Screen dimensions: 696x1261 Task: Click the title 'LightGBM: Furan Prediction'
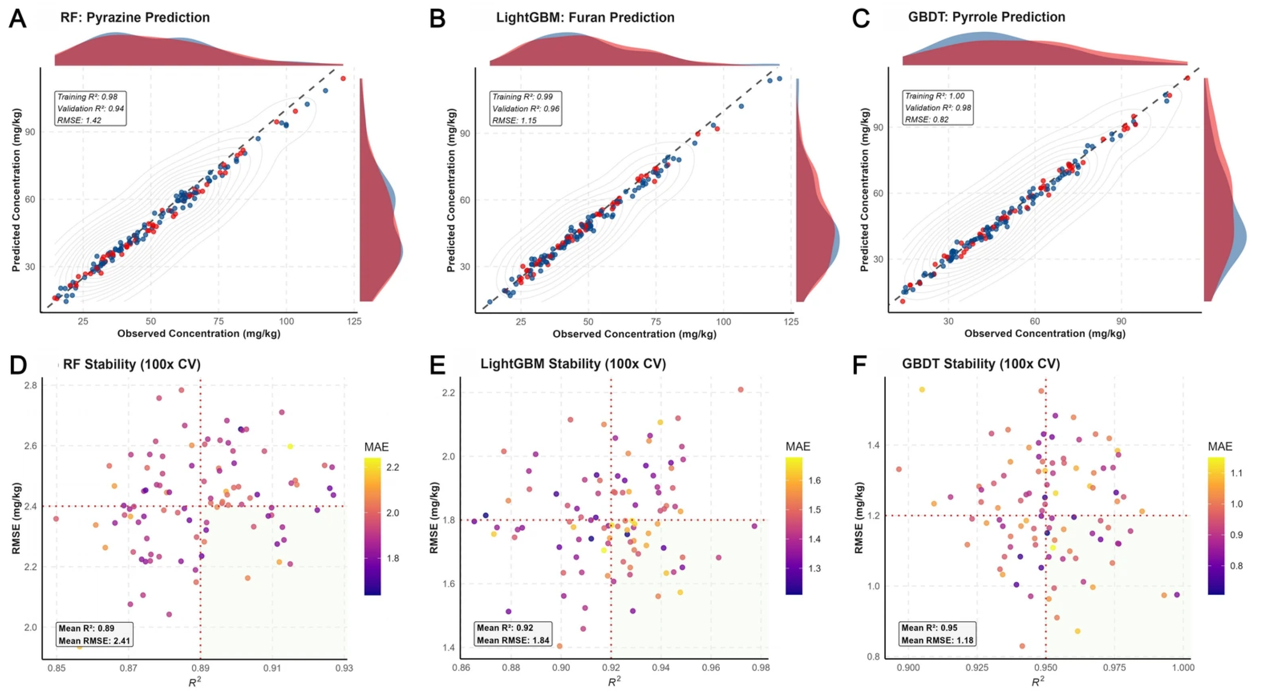pyautogui.click(x=585, y=18)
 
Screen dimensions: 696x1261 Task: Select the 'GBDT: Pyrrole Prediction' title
pyautogui.click(x=987, y=17)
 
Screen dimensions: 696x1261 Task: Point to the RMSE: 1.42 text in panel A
pyautogui.click(x=79, y=120)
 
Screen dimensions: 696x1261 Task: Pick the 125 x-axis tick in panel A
pyautogui.click(x=355, y=322)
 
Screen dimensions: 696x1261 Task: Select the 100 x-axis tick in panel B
pyautogui.click(x=724, y=322)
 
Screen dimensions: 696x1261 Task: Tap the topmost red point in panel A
pyautogui.click(x=343, y=78)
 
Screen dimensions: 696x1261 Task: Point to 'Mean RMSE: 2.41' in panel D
pyautogui.click(x=94, y=640)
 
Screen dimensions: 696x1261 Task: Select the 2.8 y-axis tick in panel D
pyautogui.click(x=30, y=385)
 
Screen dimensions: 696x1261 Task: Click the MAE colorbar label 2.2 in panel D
pyautogui.click(x=392, y=467)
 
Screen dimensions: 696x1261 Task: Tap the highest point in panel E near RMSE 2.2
pyautogui.click(x=741, y=390)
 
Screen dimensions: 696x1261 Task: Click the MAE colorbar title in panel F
pyautogui.click(x=1220, y=446)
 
